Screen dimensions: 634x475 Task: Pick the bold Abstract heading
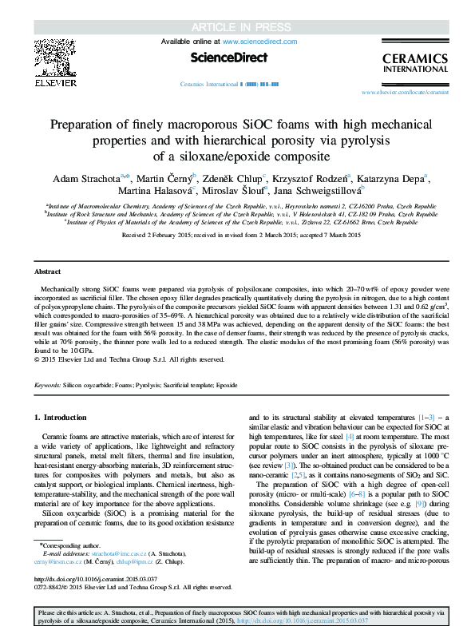[48, 271]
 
